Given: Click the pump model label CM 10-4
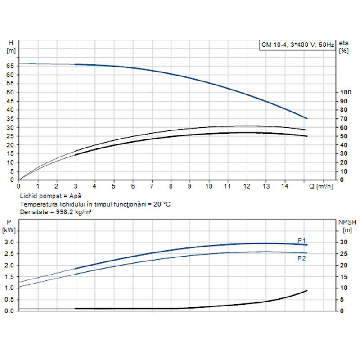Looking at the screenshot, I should (x=274, y=45).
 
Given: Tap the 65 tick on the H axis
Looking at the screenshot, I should (x=10, y=66).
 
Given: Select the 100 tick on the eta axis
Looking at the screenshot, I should (x=345, y=92).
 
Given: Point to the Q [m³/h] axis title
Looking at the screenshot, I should (x=322, y=186).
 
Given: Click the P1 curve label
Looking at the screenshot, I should (x=301, y=240).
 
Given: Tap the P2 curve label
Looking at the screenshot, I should (x=301, y=258).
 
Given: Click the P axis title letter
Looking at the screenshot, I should (x=9, y=222).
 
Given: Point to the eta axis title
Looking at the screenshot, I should (x=344, y=42).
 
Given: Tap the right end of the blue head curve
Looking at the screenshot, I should (x=307, y=119).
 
